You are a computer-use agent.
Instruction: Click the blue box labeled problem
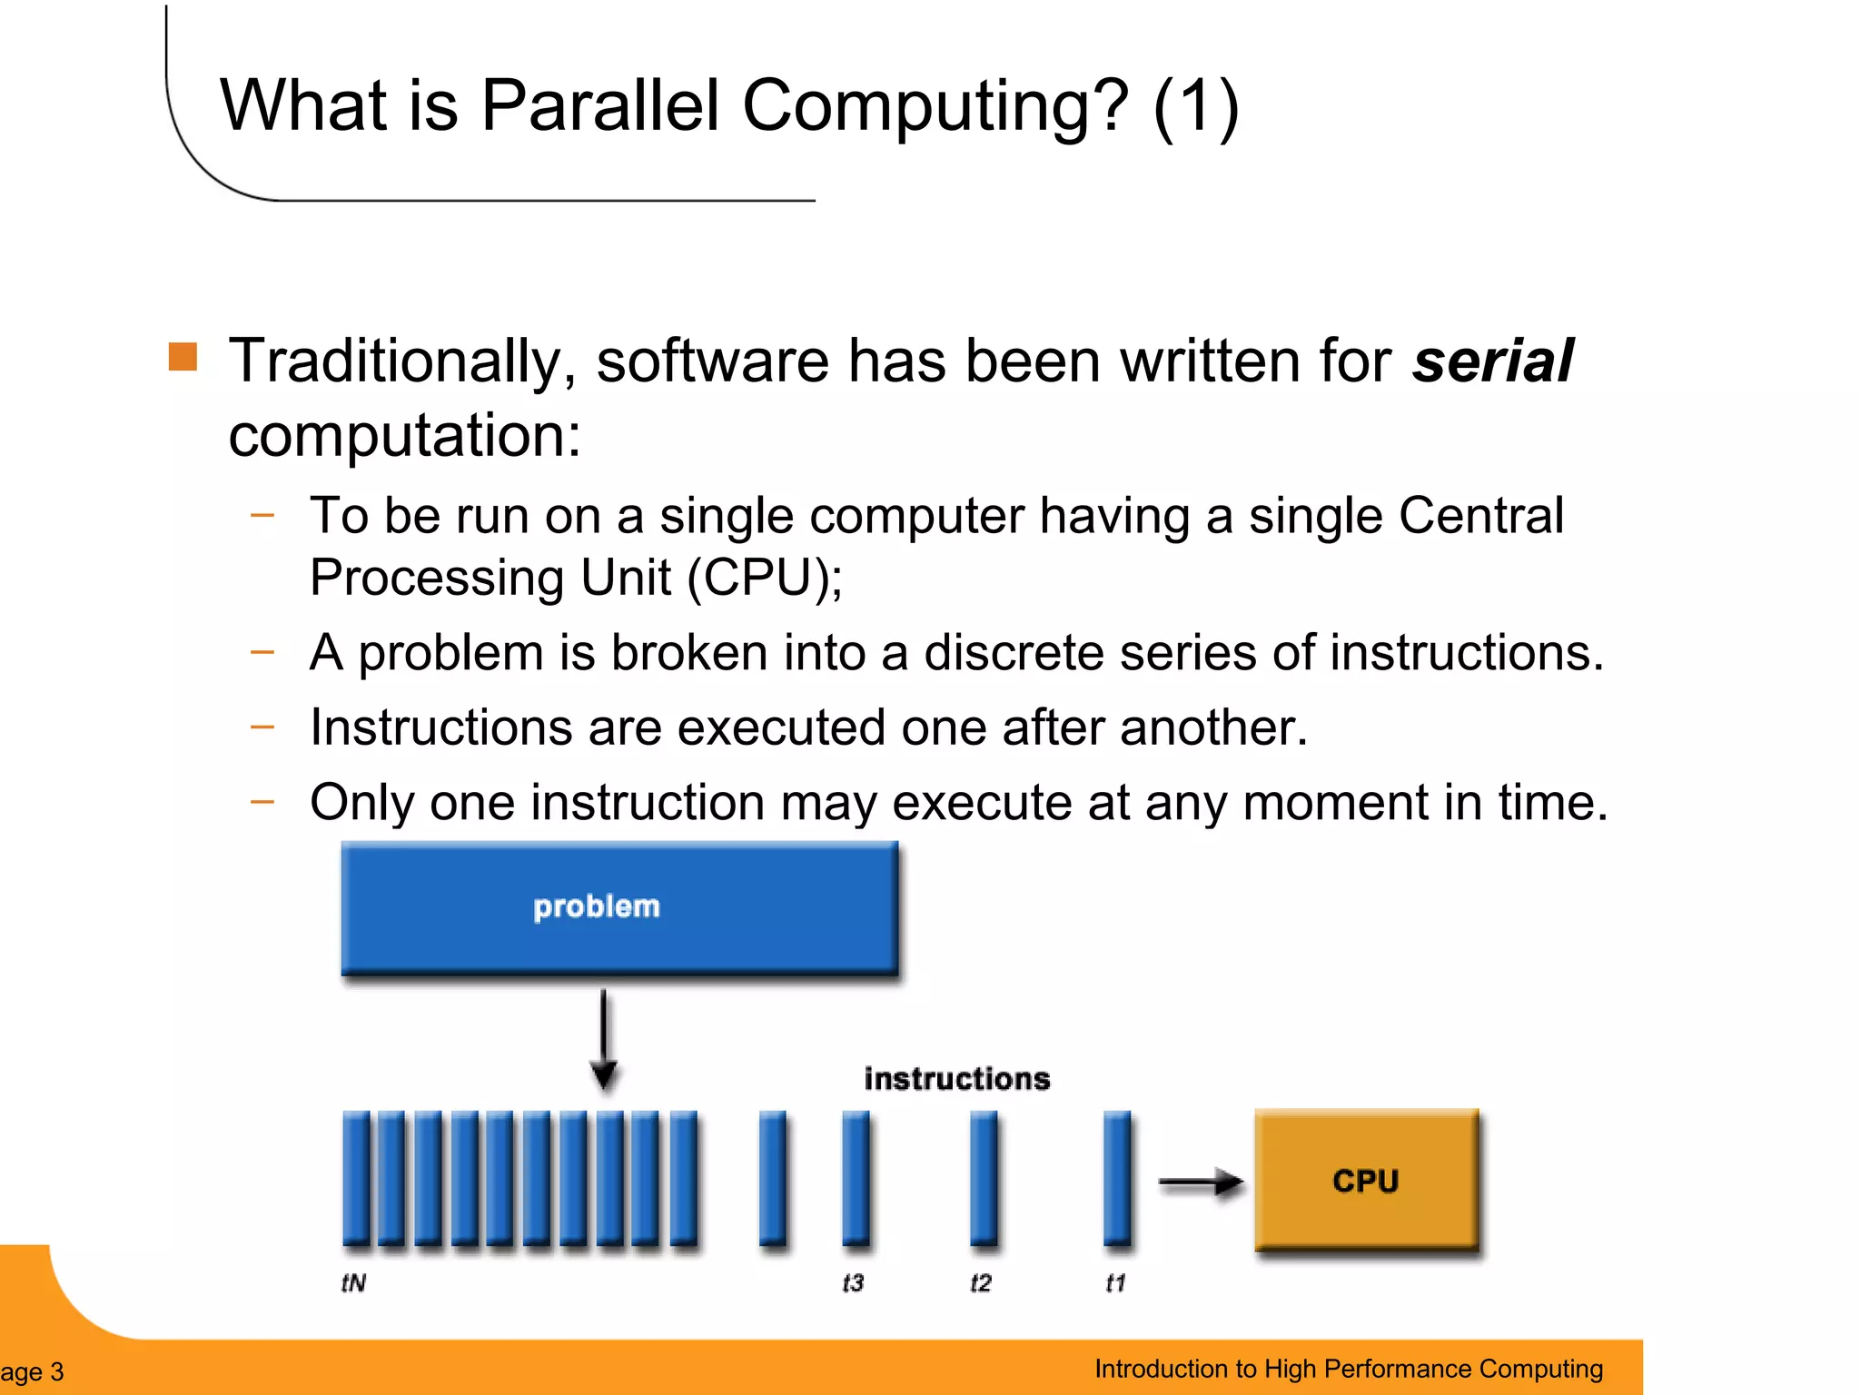[x=619, y=907]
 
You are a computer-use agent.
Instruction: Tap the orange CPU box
[x=1366, y=1180]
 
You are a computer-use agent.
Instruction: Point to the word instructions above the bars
[x=956, y=1079]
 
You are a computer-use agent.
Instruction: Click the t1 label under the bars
[x=1115, y=1282]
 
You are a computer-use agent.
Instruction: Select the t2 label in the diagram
[x=981, y=1282]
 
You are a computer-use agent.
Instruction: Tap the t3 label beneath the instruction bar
[x=853, y=1282]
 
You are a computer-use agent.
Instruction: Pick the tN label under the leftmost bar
[x=353, y=1282]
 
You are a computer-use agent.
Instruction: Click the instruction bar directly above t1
[x=1117, y=1179]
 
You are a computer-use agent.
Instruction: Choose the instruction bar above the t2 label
[x=984, y=1179]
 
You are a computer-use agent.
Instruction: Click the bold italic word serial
[x=1492, y=361]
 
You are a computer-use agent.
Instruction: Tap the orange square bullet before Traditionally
[x=183, y=357]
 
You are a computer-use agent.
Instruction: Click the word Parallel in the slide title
[x=599, y=105]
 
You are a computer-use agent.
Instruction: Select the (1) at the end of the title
[x=1195, y=107]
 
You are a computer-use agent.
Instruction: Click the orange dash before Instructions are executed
[x=262, y=727]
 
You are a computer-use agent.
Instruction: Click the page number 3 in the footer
[x=56, y=1371]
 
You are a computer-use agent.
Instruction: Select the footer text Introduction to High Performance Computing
[x=1348, y=1369]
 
